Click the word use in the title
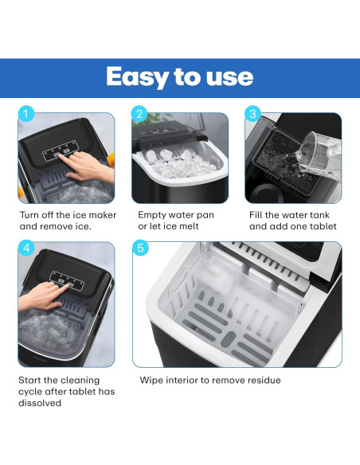tap(231, 76)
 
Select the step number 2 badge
tap(140, 113)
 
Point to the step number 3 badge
tap(253, 113)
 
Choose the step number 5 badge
tap(141, 248)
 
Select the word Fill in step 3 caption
tap(258, 215)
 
